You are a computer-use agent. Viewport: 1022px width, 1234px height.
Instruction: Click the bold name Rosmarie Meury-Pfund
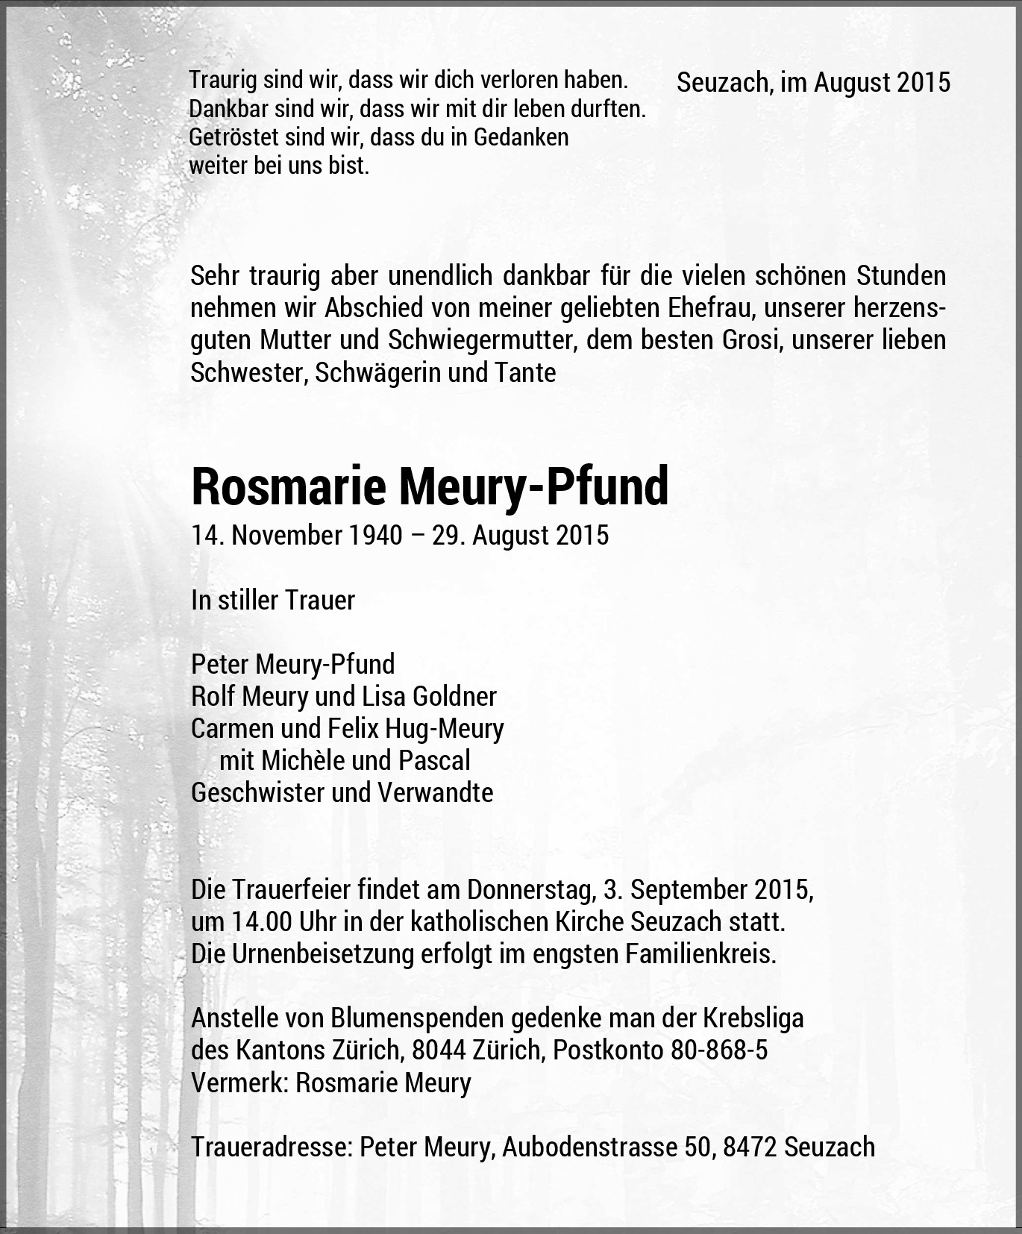[x=430, y=486]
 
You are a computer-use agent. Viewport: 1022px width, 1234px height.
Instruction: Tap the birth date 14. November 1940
[x=296, y=535]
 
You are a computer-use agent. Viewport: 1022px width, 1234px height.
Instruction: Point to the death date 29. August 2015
[x=520, y=535]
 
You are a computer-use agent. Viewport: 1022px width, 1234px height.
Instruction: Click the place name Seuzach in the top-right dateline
[x=724, y=82]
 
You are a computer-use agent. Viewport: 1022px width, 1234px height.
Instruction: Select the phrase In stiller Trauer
[x=273, y=600]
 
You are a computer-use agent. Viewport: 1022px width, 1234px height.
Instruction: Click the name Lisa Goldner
[x=429, y=696]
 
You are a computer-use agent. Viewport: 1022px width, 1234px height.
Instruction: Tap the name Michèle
[x=300, y=760]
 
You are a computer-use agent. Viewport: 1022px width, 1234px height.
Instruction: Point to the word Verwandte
[x=436, y=792]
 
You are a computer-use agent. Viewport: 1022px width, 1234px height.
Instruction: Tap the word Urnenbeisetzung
[x=313, y=954]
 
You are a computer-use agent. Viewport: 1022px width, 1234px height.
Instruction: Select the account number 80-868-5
[x=719, y=1050]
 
